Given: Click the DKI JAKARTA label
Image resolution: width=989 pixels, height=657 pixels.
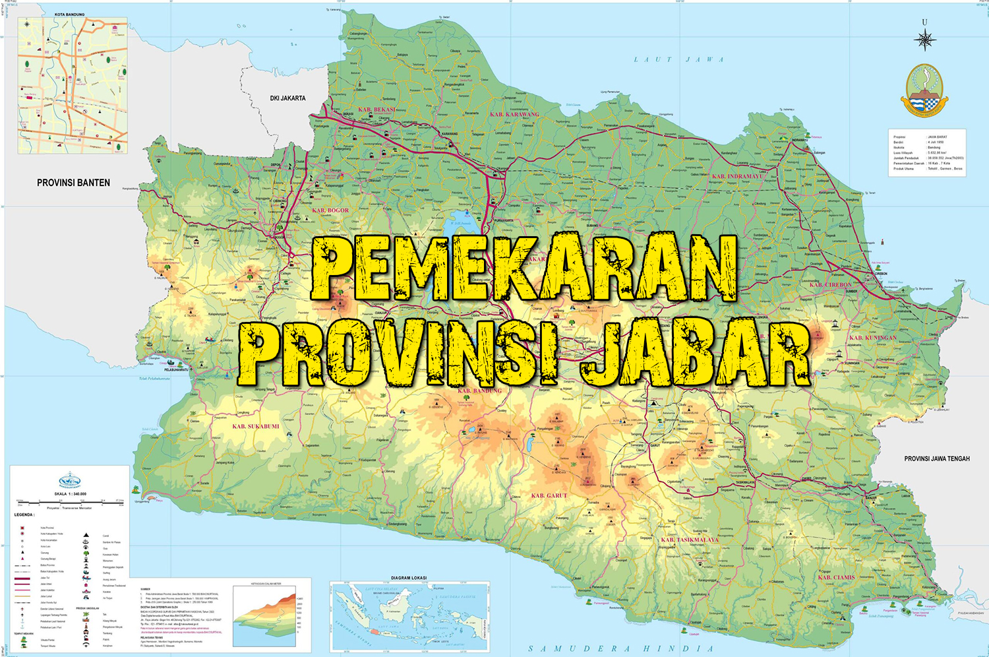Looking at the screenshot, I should pyautogui.click(x=287, y=98).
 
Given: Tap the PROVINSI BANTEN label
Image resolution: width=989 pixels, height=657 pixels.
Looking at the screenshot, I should pyautogui.click(x=73, y=183).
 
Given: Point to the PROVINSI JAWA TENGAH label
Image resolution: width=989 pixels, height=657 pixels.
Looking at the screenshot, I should pyautogui.click(x=936, y=458).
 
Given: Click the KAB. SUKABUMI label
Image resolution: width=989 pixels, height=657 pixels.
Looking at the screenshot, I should pyautogui.click(x=256, y=426).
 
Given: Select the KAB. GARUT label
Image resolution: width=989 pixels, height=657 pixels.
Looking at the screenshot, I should pyautogui.click(x=549, y=495).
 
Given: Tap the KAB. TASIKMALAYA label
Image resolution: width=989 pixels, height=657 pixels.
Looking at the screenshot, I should pyautogui.click(x=690, y=540).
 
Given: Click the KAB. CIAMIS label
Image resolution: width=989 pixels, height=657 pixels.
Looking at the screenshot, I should pyautogui.click(x=836, y=577).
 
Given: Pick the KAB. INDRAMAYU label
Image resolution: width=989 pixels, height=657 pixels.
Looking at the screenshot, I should pyautogui.click(x=738, y=177).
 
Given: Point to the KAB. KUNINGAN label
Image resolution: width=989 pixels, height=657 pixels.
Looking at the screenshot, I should pyautogui.click(x=872, y=338).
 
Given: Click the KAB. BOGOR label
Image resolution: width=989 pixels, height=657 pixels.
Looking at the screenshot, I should pyautogui.click(x=330, y=210).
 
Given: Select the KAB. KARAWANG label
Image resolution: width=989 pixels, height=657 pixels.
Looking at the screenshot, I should pyautogui.click(x=514, y=114).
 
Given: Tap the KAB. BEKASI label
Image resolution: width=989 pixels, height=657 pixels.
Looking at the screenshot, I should pyautogui.click(x=376, y=109).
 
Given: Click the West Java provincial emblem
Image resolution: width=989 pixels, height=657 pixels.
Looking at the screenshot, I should pyautogui.click(x=924, y=89).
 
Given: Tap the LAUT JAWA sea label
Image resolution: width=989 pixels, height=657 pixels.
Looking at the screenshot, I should pyautogui.click(x=678, y=59).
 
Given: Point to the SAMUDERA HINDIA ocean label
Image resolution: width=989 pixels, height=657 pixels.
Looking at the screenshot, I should pyautogui.click(x=620, y=648).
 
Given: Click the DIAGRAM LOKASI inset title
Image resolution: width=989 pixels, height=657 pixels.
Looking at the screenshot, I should pyautogui.click(x=409, y=578).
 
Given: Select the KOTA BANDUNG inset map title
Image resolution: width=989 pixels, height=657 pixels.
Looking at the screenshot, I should pyautogui.click(x=69, y=14).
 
